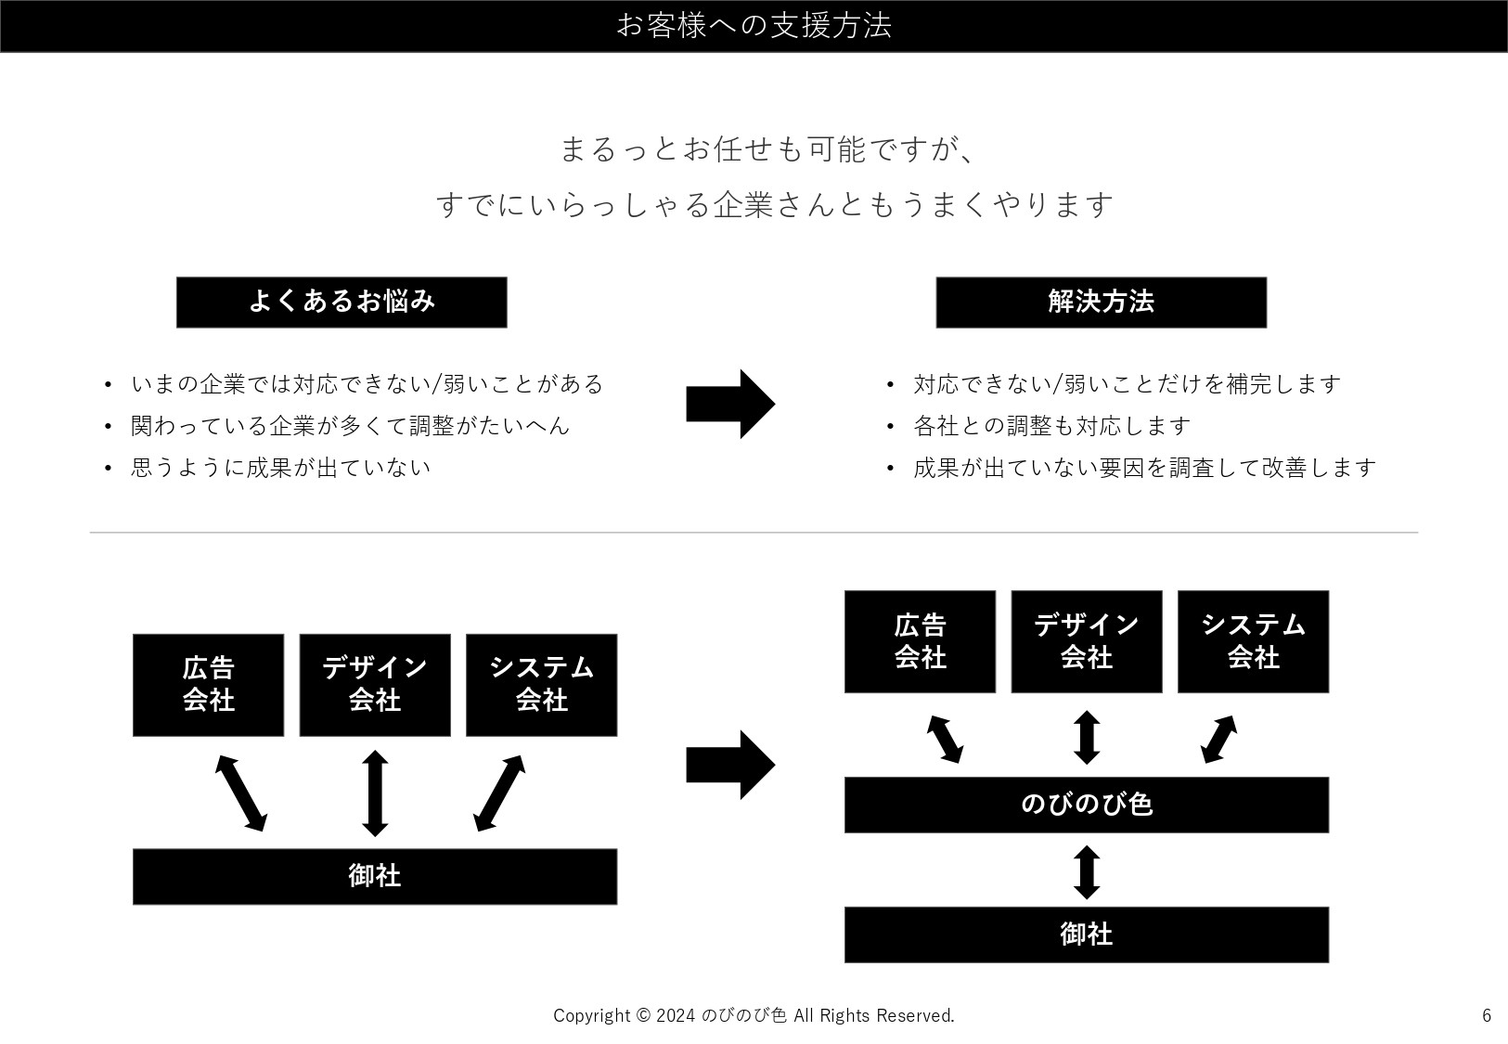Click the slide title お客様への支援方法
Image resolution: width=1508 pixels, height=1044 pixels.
(x=754, y=25)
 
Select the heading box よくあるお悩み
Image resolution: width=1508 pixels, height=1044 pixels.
(x=342, y=302)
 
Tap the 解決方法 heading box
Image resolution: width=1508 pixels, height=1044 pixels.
(x=1101, y=302)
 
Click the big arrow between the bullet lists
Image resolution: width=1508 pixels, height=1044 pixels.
(x=729, y=404)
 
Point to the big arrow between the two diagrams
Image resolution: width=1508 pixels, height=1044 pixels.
(x=729, y=765)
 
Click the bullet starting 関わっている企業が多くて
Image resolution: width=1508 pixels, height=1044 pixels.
(x=350, y=426)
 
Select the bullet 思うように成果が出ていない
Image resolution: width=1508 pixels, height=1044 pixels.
(x=280, y=468)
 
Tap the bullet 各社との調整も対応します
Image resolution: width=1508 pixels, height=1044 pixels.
(x=1051, y=426)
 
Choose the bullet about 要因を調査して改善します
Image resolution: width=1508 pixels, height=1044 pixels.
(x=1144, y=468)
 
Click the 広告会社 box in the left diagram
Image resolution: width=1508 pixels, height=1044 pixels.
(x=208, y=685)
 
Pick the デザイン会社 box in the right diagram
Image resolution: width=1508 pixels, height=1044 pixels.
(x=1086, y=641)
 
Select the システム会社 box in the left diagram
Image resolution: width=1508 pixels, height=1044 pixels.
(x=541, y=685)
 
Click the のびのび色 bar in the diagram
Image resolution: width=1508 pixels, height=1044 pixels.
(x=1086, y=805)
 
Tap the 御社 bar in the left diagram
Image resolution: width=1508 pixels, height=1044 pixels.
(x=374, y=876)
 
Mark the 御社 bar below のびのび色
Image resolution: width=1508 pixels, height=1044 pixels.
(x=1086, y=934)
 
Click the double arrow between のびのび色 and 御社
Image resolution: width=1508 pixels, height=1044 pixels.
(x=1087, y=872)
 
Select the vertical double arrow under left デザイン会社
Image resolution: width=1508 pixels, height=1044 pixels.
(x=375, y=793)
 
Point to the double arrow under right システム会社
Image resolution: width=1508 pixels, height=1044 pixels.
(x=1219, y=739)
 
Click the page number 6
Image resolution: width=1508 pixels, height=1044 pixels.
(x=1486, y=1015)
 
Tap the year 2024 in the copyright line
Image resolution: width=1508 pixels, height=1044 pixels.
(x=676, y=1016)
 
